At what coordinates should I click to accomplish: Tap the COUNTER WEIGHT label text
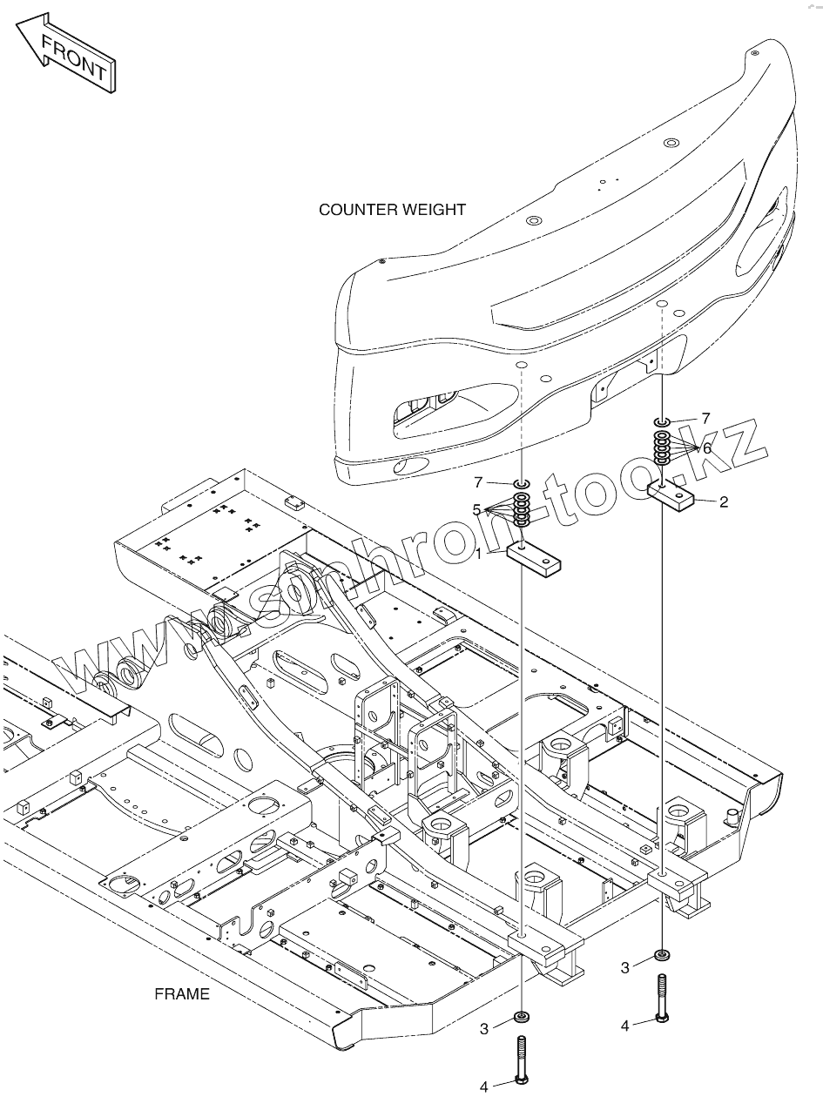coord(392,210)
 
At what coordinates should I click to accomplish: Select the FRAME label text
coord(182,994)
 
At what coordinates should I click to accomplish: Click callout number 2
coord(723,502)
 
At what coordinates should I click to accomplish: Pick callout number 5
coord(476,510)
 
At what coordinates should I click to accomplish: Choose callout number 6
coord(706,448)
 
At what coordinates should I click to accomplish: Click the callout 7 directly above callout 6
coord(705,418)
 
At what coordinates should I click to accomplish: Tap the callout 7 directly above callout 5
coord(477,481)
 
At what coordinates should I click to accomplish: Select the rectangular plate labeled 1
coord(534,559)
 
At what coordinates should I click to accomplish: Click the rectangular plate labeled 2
coord(670,494)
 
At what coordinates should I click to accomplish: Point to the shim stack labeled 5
coord(522,509)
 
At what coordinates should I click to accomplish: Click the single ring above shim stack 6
coord(663,421)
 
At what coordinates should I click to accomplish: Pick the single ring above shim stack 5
coord(522,483)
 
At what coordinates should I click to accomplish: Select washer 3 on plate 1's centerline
coord(522,1017)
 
